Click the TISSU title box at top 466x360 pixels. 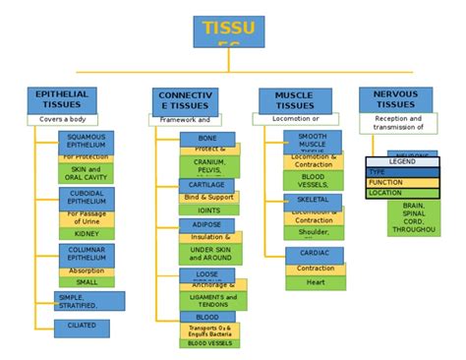pyautogui.click(x=228, y=31)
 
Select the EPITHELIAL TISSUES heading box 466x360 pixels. pyautogui.click(x=61, y=99)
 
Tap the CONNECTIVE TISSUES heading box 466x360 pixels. pyautogui.click(x=185, y=101)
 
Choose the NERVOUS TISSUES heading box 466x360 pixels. pyautogui.click(x=395, y=99)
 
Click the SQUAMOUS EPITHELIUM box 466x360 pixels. pyautogui.click(x=86, y=142)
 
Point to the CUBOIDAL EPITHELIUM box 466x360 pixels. pyautogui.click(x=86, y=199)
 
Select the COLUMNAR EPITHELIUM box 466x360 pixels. pyautogui.click(x=86, y=255)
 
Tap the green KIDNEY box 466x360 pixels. pyautogui.click(x=86, y=234)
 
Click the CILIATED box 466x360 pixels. pyautogui.click(x=82, y=324)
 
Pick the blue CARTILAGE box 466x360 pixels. pyautogui.click(x=206, y=185)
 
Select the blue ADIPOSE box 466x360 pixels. pyautogui.click(x=206, y=225)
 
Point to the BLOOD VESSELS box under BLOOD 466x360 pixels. pyautogui.click(x=210, y=343)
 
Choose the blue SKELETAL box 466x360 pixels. pyautogui.click(x=313, y=200)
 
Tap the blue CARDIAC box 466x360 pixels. pyautogui.click(x=315, y=254)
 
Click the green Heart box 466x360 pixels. pyautogui.click(x=315, y=281)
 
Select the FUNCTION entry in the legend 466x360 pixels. pyautogui.click(x=401, y=182)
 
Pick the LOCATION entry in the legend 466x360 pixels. pyautogui.click(x=401, y=193)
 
